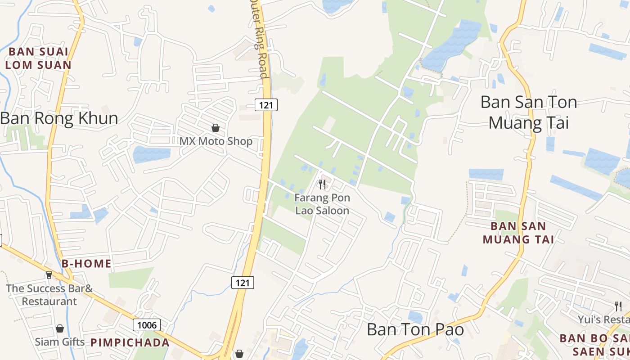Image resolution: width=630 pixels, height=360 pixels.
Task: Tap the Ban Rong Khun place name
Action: pyautogui.click(x=59, y=118)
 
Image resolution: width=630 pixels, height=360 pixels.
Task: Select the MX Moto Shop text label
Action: pyautogui.click(x=216, y=141)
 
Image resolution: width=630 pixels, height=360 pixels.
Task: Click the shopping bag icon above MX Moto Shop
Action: pyautogui.click(x=216, y=128)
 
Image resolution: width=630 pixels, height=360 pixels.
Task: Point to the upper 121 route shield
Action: pyautogui.click(x=266, y=105)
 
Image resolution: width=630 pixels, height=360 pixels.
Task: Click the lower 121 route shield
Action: pyautogui.click(x=243, y=283)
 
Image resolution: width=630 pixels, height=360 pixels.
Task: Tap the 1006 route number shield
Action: pyautogui.click(x=147, y=325)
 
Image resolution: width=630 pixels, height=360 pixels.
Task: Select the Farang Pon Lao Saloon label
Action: pyautogui.click(x=322, y=204)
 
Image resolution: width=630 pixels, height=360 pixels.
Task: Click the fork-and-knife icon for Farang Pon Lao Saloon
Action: pyautogui.click(x=322, y=184)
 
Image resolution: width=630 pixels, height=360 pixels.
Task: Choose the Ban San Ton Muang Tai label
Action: pyautogui.click(x=529, y=112)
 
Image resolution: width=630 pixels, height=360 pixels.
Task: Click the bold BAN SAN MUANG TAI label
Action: pyautogui.click(x=518, y=233)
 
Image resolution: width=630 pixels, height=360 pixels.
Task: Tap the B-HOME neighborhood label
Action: pyautogui.click(x=86, y=264)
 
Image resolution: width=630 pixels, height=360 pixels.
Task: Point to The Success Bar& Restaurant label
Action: pyautogui.click(x=49, y=295)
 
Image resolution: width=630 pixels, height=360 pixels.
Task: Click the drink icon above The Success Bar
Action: pyautogui.click(x=49, y=274)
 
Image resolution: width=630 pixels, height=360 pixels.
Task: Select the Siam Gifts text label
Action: pyautogui.click(x=60, y=342)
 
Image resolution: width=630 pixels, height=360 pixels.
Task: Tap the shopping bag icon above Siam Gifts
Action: pyautogui.click(x=59, y=329)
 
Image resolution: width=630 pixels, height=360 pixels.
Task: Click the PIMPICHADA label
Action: pyautogui.click(x=130, y=342)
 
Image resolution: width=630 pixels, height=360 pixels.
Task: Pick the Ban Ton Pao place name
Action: pyautogui.click(x=415, y=329)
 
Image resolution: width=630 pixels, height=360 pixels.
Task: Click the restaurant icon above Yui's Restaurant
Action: pyautogui.click(x=618, y=306)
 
